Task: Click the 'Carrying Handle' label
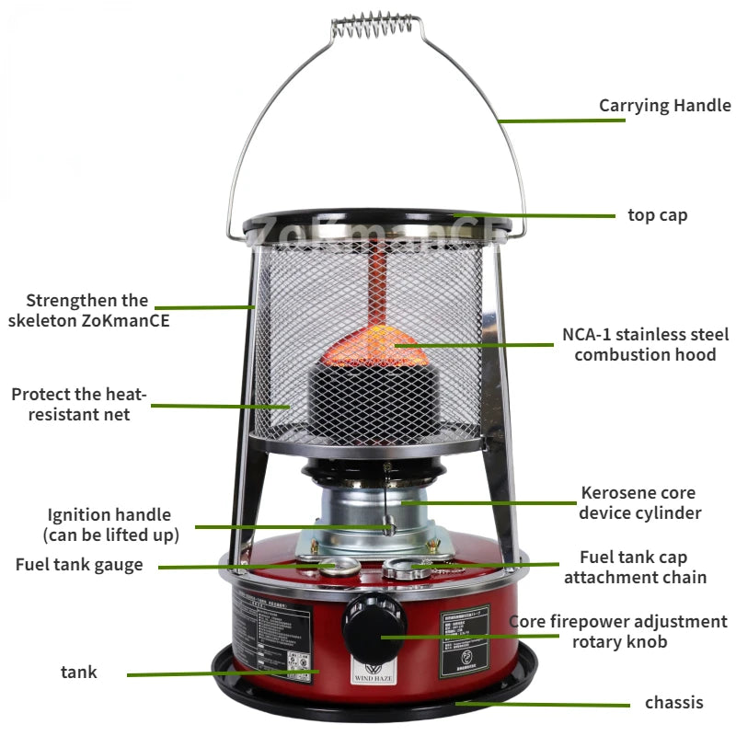point(664,105)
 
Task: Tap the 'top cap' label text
point(657,215)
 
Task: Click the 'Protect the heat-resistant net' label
point(78,404)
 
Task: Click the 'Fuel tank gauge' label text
point(79,564)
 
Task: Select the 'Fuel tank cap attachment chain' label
point(635,567)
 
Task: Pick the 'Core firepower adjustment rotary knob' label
point(618,631)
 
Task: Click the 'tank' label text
point(79,673)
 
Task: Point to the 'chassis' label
point(673,703)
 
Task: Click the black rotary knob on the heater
point(374,626)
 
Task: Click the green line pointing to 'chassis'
point(543,705)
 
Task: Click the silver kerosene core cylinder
point(368,511)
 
